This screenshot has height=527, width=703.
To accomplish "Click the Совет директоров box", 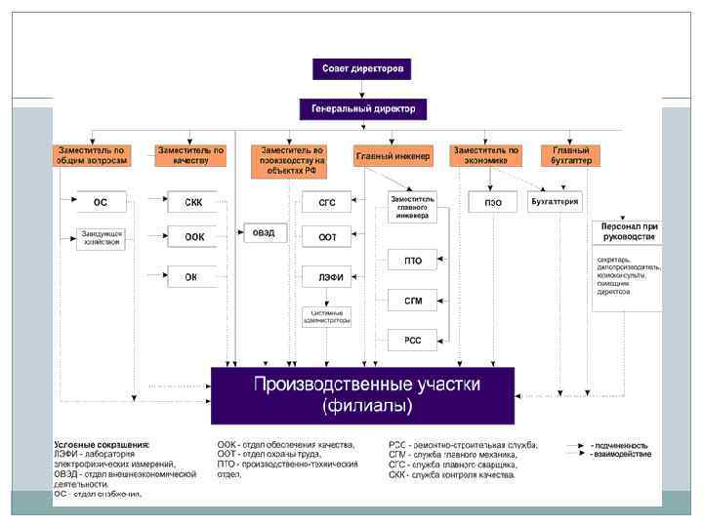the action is tap(362, 68).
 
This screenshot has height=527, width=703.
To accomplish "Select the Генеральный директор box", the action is tap(362, 109).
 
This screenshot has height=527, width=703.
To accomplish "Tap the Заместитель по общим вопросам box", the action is tap(91, 156).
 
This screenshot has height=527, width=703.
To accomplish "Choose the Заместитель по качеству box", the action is tap(190, 156).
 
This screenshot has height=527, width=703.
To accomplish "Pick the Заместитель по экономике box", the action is tap(485, 156).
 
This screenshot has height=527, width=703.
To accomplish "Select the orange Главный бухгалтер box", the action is tap(570, 156).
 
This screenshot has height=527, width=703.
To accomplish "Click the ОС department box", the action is tap(101, 203).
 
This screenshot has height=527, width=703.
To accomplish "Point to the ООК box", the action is tap(194, 236).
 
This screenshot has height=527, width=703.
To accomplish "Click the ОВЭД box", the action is tap(264, 233).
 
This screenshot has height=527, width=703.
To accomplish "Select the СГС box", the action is tap(327, 203).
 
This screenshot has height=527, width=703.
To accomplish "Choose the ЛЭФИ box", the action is tap(327, 276).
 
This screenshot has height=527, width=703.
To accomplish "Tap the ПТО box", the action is tap(412, 261).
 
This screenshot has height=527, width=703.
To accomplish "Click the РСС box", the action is tap(412, 339).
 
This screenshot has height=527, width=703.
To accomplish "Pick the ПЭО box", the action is tap(493, 203).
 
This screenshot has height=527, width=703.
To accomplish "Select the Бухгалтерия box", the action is tap(555, 203).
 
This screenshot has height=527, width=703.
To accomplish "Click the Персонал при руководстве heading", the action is tap(626, 231).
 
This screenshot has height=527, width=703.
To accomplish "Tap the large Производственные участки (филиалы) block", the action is tap(363, 393).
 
